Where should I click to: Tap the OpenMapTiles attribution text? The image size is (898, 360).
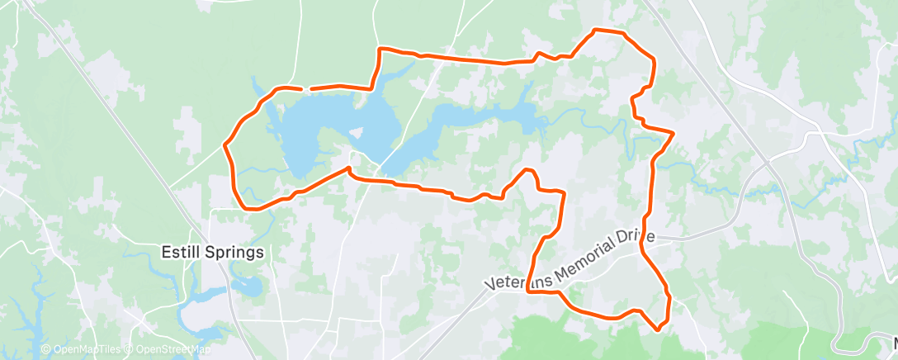pos(82,350)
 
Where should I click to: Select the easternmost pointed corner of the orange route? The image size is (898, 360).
pos(674,132)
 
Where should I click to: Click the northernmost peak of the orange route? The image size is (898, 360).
pos(596,31)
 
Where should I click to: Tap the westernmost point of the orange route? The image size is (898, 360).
pos(224,145)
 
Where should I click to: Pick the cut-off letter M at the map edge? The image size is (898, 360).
pos(892,342)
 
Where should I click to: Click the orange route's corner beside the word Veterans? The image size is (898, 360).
pos(528,291)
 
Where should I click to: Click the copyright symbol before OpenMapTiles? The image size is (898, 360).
pos(45,350)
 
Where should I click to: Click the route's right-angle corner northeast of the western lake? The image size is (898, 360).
pos(380,50)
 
